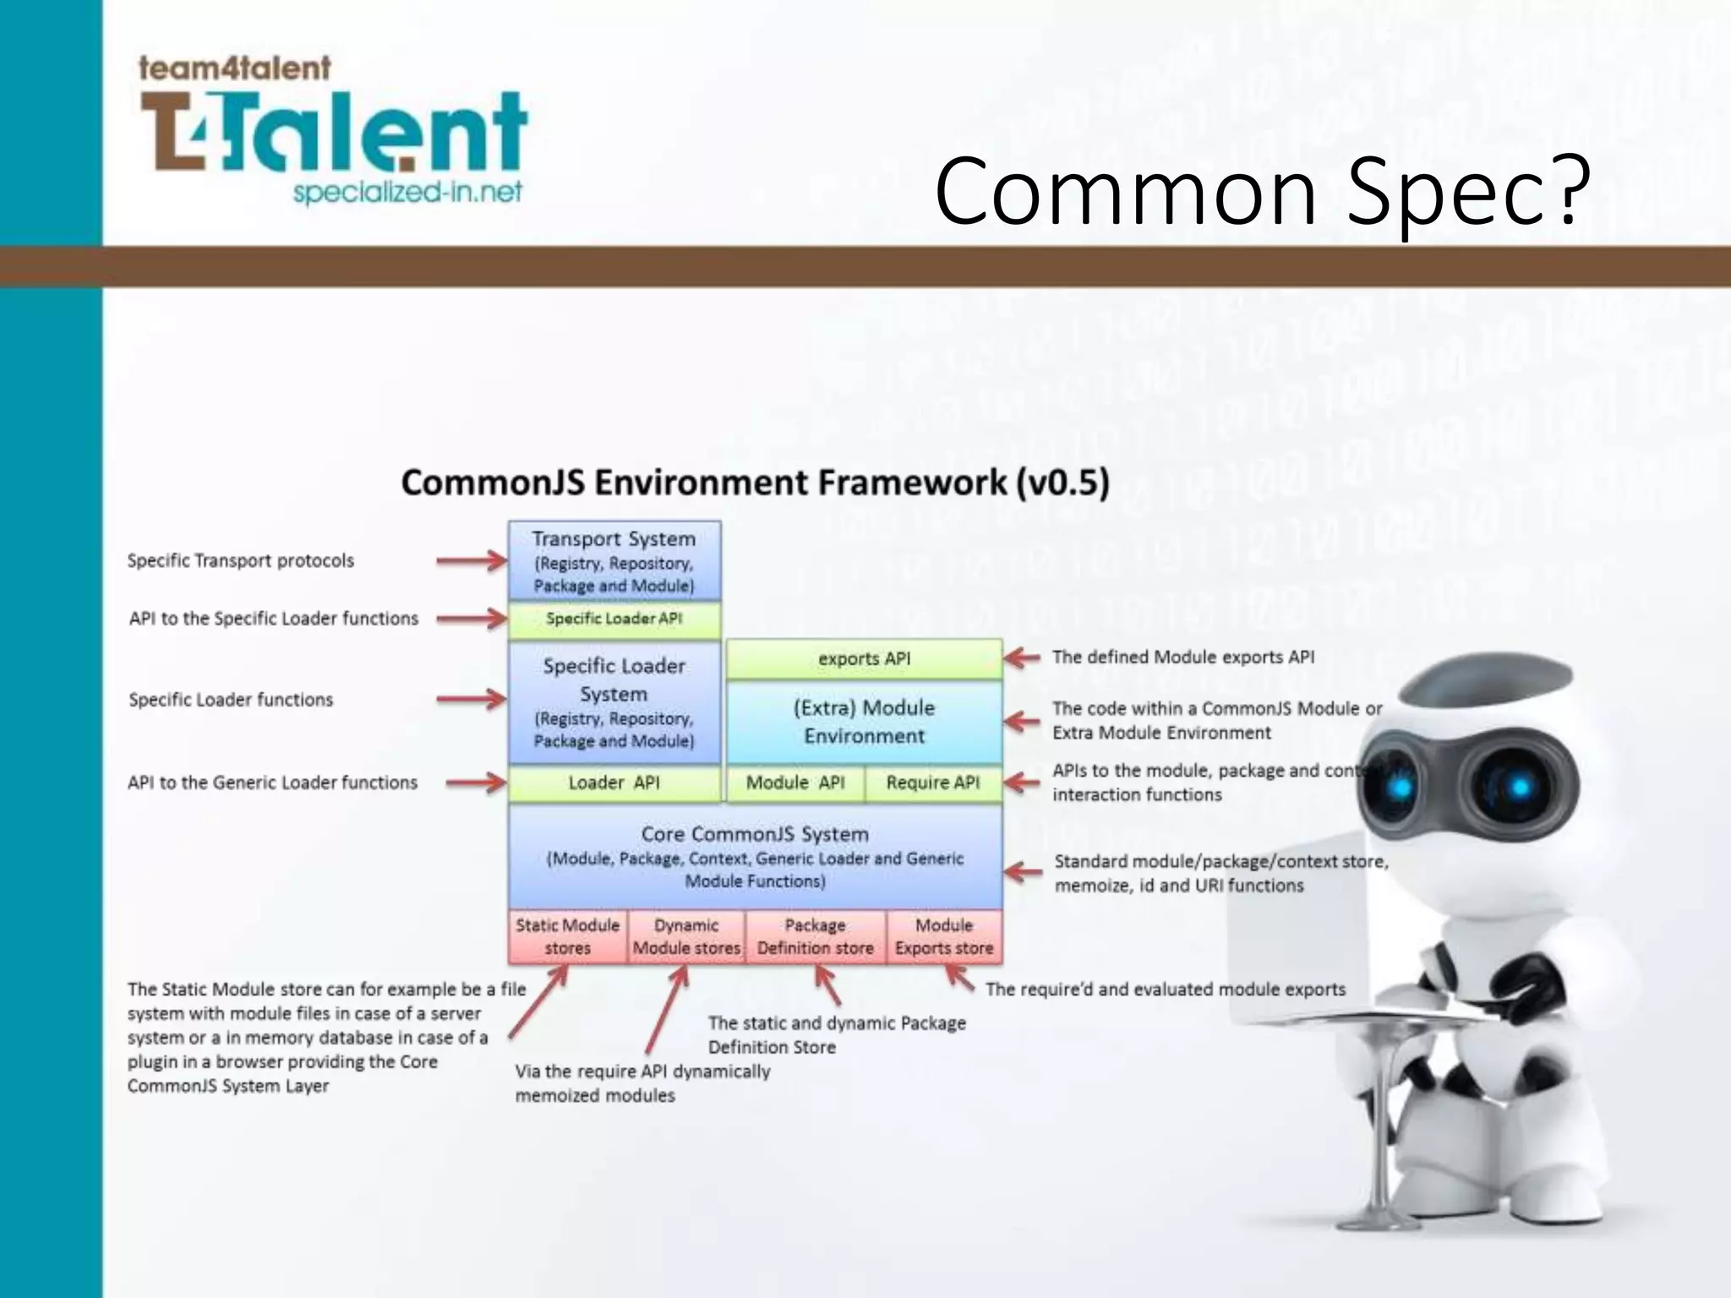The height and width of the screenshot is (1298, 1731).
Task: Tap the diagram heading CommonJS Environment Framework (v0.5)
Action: tap(755, 483)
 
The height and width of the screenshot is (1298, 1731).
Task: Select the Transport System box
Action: tap(614, 561)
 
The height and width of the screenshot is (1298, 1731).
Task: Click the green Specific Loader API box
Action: tap(614, 619)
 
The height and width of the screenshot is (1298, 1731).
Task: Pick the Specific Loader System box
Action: tap(614, 702)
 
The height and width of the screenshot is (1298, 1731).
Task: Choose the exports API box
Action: tap(864, 659)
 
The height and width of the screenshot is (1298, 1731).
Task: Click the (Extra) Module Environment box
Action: tap(864, 722)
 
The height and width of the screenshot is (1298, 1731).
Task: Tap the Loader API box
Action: tap(614, 783)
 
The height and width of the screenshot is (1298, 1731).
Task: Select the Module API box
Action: tap(795, 783)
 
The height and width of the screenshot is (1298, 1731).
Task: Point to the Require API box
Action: tap(933, 783)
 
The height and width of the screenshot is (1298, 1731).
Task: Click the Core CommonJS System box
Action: tap(755, 856)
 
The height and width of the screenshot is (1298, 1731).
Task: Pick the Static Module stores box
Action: tap(568, 936)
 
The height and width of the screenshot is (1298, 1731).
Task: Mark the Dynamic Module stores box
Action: tap(686, 936)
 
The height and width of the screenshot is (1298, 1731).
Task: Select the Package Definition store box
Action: tap(816, 936)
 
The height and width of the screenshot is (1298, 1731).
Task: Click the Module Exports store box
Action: tap(944, 936)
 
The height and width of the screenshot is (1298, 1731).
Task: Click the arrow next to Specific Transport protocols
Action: tap(471, 560)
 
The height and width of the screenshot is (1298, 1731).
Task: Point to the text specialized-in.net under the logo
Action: tap(407, 193)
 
